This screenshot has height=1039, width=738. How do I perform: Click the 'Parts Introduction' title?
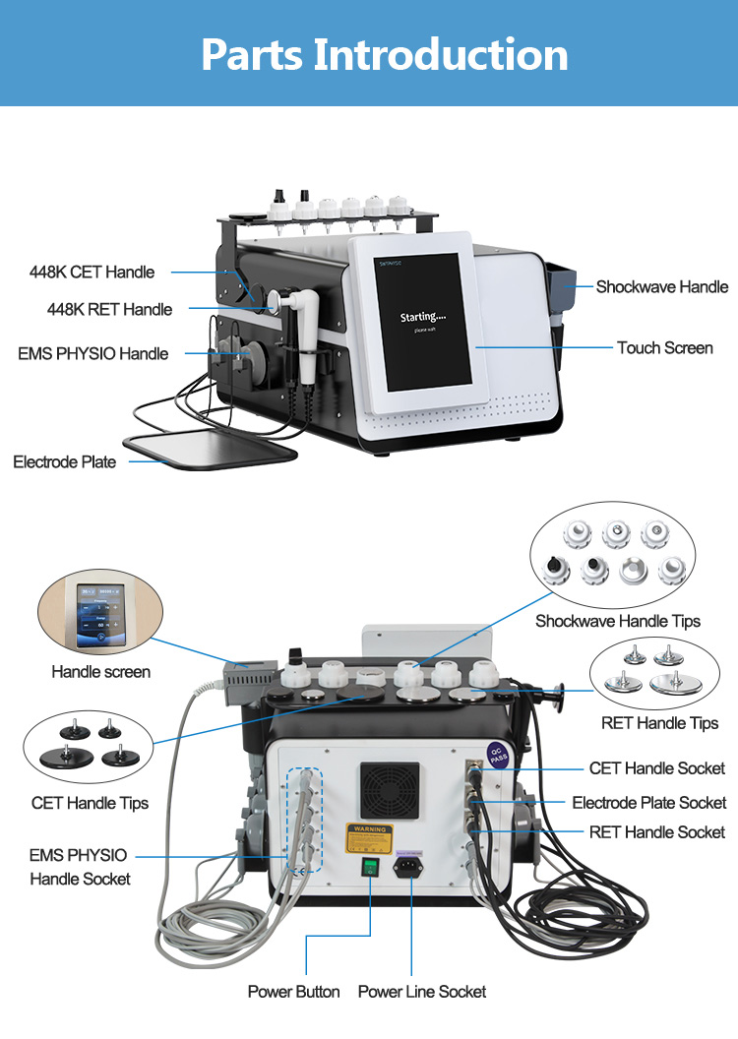385,54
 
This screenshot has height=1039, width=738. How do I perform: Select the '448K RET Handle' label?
109,309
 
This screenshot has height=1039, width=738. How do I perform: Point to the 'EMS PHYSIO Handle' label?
92,353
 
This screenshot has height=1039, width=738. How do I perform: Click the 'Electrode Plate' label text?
64,461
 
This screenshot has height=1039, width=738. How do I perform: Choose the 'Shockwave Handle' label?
662,287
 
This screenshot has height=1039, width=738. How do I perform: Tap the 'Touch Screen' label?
665,347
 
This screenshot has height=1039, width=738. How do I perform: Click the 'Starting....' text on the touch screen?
422,317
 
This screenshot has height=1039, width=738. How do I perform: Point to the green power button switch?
370,868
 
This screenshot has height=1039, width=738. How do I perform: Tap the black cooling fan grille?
387,785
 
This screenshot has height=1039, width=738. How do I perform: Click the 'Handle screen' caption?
100,672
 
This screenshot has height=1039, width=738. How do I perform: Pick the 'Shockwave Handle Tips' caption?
618,621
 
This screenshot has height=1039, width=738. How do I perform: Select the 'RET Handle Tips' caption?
659,723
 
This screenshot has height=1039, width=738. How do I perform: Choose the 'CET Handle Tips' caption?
90,803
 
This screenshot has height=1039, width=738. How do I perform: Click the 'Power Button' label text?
293,992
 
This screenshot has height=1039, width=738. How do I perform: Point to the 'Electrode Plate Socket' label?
648,803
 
